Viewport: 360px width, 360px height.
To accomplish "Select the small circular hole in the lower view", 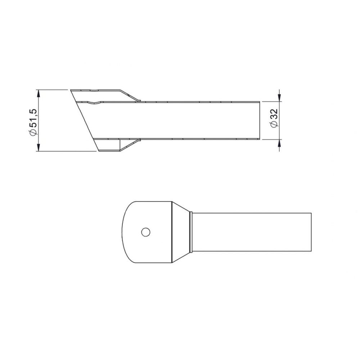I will click(145, 232).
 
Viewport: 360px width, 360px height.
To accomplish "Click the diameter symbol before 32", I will click(274, 125).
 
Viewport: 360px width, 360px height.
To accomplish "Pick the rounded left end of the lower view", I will click(124, 232).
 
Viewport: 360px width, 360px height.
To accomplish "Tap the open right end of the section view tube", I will click(260, 120).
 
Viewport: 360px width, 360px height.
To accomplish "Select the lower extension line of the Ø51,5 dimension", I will click(67, 152).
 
